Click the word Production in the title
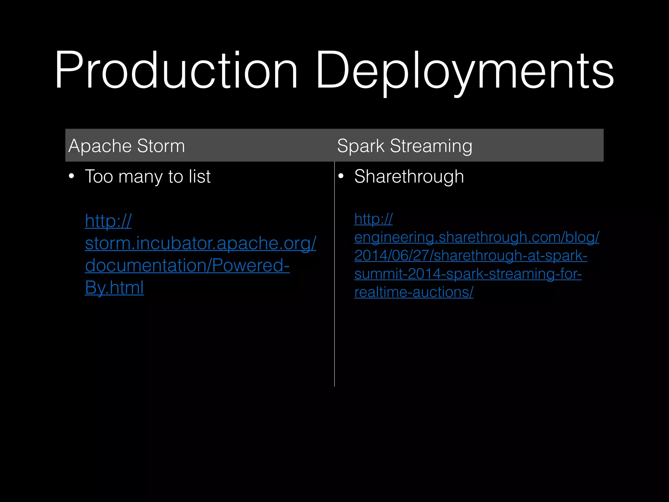(x=176, y=70)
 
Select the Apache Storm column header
(x=127, y=146)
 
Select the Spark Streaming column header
(x=404, y=146)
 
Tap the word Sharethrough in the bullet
(x=409, y=177)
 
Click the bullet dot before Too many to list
(x=72, y=176)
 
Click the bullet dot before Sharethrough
(x=341, y=176)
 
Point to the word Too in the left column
(x=99, y=177)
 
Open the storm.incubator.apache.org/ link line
(x=201, y=243)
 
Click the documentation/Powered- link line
(x=187, y=265)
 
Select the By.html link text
(x=114, y=288)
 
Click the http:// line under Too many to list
(x=108, y=221)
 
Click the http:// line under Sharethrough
(x=373, y=219)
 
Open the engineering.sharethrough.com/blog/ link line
(x=477, y=238)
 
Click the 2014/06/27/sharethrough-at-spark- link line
(x=471, y=256)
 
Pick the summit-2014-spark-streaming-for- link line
(x=468, y=274)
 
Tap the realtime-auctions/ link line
(x=414, y=292)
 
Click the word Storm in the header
(x=161, y=146)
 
